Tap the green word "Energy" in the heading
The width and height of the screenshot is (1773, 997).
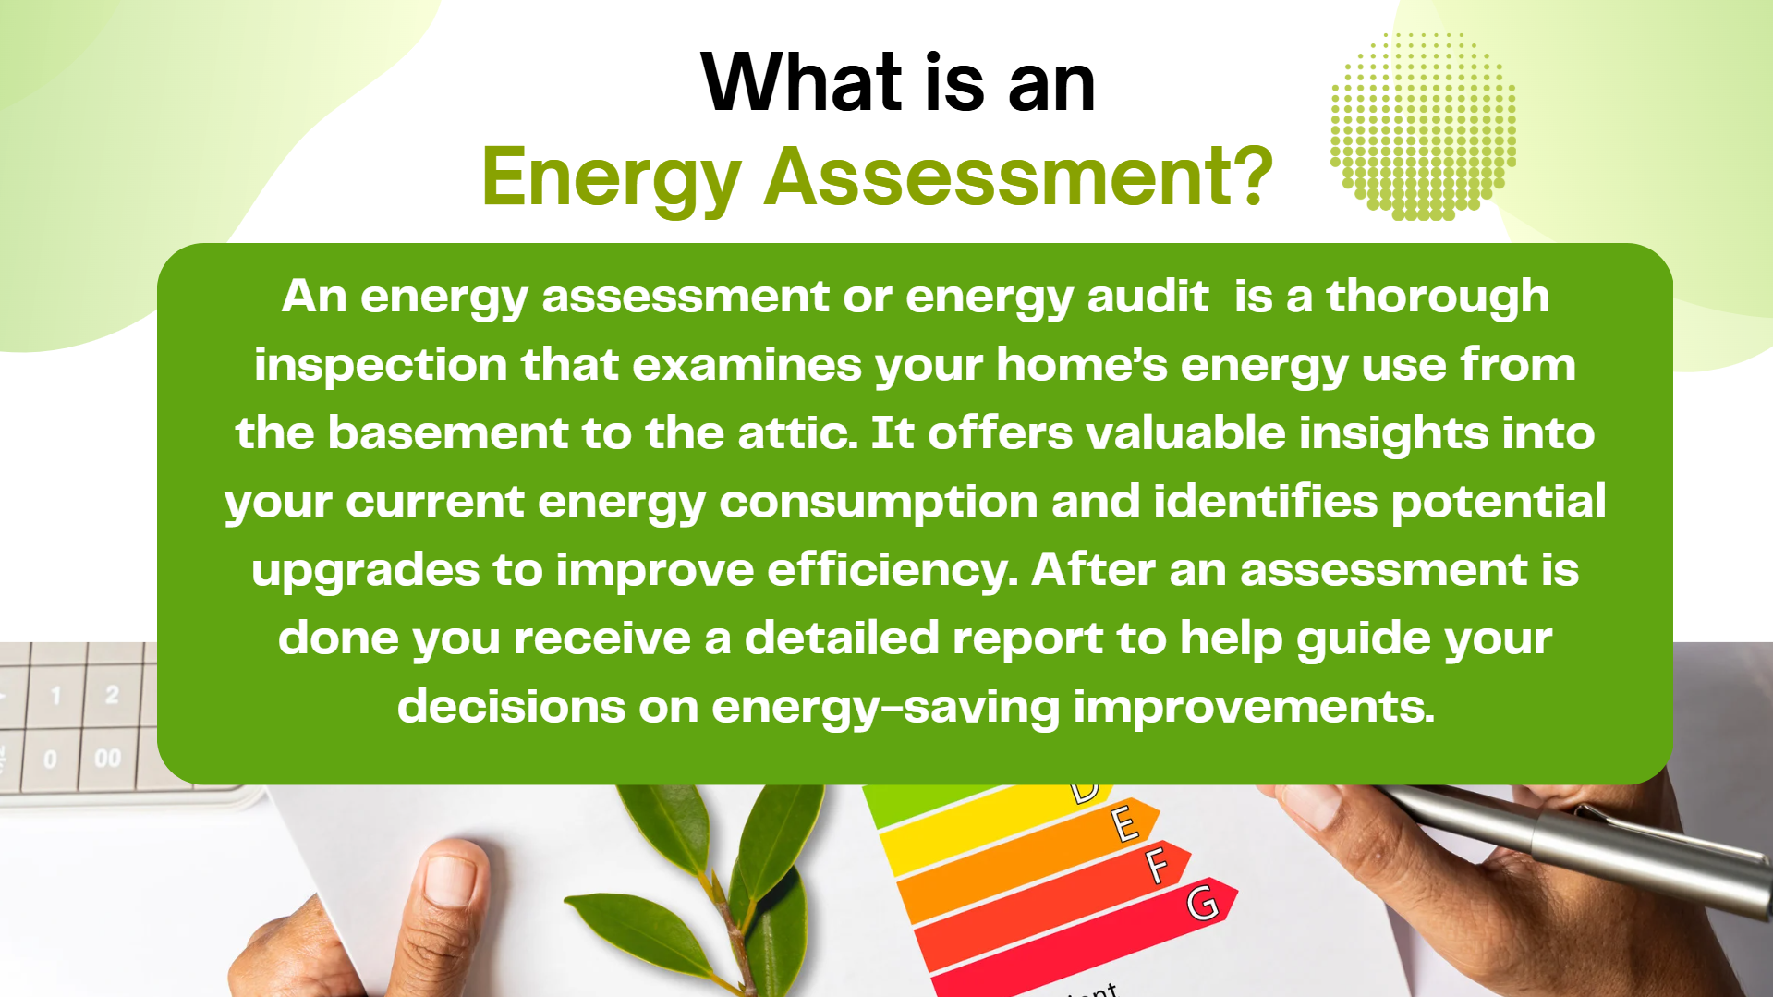coord(612,179)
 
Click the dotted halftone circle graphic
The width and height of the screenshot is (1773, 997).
coord(1423,127)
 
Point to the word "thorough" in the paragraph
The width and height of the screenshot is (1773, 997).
coord(1438,297)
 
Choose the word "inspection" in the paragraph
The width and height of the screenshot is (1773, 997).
coord(381,366)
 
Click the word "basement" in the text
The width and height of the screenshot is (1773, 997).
coord(448,432)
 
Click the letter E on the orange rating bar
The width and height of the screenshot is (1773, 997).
coord(1124,823)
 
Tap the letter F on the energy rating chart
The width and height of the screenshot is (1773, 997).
coord(1157,867)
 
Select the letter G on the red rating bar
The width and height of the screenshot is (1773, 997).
coord(1202,903)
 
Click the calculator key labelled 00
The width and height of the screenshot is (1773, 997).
coord(108,758)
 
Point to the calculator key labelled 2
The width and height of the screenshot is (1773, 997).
coord(112,694)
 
